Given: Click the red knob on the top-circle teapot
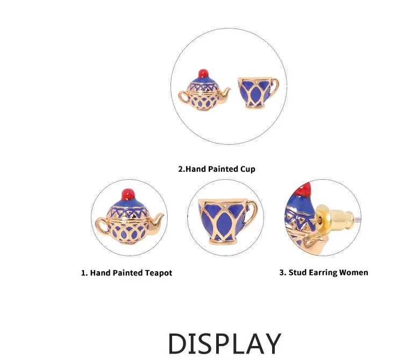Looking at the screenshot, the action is [x=203, y=73].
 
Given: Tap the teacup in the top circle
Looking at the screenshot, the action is [x=258, y=93].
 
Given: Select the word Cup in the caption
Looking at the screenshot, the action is [x=248, y=169].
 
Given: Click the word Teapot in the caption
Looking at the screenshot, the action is [x=159, y=272].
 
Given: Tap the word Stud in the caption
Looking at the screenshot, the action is [x=297, y=272].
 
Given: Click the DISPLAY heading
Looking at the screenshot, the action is [x=225, y=343].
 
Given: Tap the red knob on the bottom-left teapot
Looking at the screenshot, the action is [x=129, y=194].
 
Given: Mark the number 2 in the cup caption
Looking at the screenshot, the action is [x=181, y=169].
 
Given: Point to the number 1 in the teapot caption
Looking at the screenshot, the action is [x=83, y=273].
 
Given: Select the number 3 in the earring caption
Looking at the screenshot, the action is [x=282, y=272].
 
